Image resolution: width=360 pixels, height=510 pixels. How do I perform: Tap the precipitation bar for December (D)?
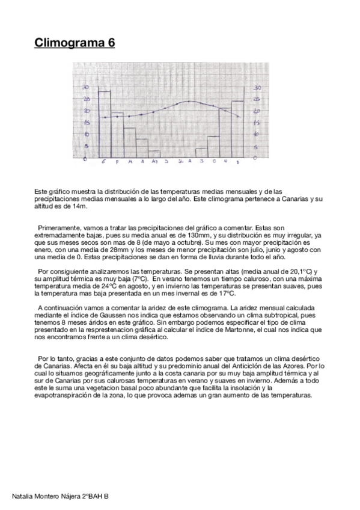click(237, 129)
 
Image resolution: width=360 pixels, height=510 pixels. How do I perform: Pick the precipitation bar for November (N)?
click(225, 133)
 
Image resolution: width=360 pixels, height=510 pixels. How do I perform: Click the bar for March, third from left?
click(129, 143)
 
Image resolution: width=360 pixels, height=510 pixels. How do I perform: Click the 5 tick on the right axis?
click(257, 147)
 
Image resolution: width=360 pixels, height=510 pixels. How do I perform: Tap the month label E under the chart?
click(104, 162)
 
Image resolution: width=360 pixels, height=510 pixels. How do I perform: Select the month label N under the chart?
click(224, 162)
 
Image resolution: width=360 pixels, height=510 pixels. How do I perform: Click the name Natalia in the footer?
click(23, 496)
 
